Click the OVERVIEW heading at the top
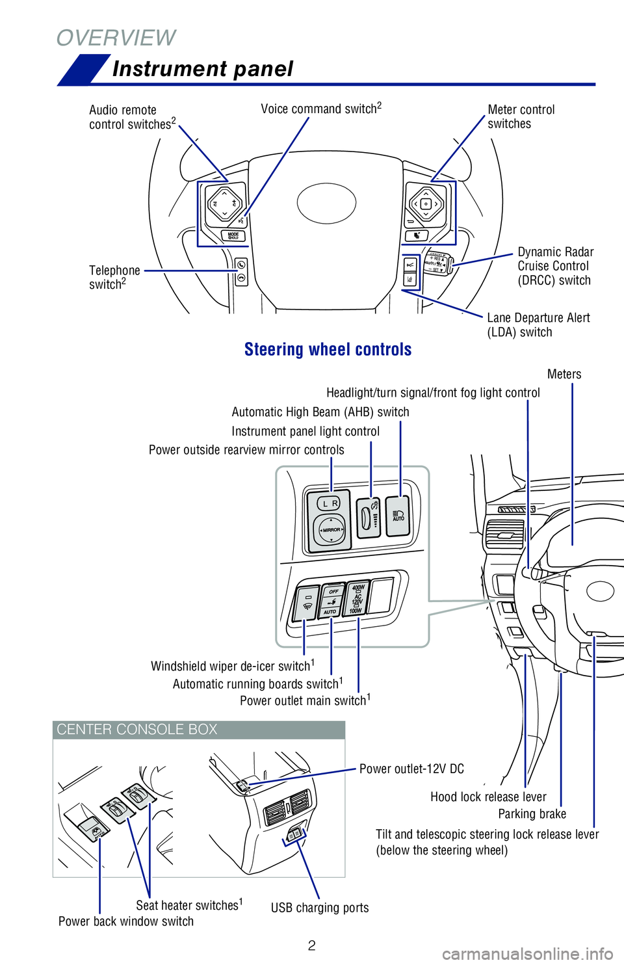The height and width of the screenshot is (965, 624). coord(116,38)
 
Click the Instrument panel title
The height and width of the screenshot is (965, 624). coord(203,69)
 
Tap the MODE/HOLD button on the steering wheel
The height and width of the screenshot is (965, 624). coord(233,236)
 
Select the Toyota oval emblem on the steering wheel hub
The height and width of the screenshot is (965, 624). coord(326,203)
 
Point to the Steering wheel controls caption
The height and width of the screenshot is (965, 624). coord(328,350)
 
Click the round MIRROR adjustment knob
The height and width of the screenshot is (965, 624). coord(331,530)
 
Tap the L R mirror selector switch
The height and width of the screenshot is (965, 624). coord(329,503)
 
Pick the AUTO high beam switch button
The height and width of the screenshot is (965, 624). coord(398,516)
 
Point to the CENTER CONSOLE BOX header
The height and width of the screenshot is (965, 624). coord(137,730)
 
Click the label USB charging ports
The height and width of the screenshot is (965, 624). coord(320,908)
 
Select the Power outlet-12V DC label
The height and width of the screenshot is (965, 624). coord(411,769)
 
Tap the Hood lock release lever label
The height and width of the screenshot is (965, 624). coord(488,797)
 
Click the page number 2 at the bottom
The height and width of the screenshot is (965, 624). coord(312,945)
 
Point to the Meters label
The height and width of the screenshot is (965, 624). coord(564,375)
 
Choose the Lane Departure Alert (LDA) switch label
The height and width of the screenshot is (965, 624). coord(538,325)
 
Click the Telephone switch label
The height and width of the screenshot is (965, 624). coord(114,278)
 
